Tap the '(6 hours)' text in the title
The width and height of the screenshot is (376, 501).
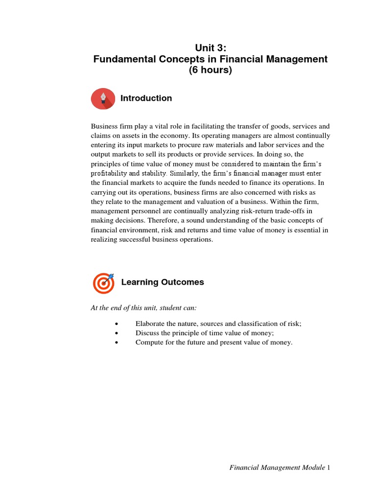(x=211, y=70)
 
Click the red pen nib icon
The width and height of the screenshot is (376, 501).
(x=103, y=98)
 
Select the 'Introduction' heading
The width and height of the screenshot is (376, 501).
(x=146, y=98)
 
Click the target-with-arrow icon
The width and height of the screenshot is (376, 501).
(x=103, y=283)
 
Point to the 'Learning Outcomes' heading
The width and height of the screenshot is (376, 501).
(x=163, y=282)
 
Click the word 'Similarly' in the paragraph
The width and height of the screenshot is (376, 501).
(x=182, y=173)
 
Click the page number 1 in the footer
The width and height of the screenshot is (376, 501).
(x=329, y=468)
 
